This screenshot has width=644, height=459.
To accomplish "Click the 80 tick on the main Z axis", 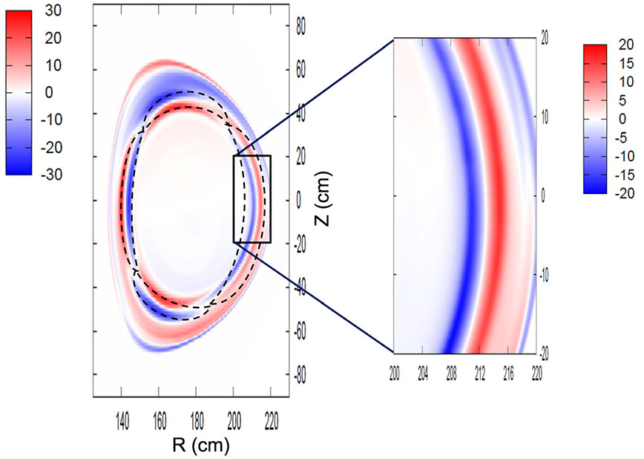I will point(301,26).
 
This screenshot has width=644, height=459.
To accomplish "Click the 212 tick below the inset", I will point(480,368).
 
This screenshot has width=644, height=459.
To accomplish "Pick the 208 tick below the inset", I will point(451,368).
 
